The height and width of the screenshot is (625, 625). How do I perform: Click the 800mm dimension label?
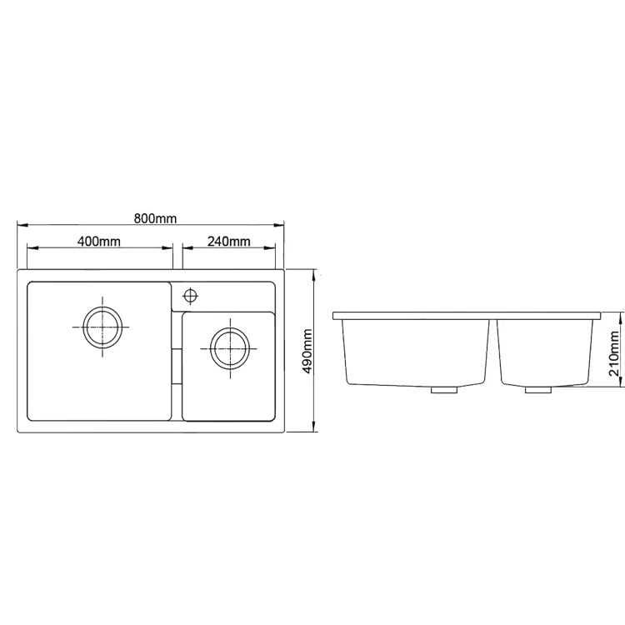tap(155, 218)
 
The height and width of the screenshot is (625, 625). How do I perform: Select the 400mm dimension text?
tap(99, 242)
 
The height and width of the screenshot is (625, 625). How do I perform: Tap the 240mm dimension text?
tap(228, 242)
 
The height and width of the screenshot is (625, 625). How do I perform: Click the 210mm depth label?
tap(615, 353)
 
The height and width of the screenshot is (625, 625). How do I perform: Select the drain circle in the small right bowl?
tap(228, 347)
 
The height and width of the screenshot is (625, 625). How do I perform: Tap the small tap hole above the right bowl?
tap(191, 295)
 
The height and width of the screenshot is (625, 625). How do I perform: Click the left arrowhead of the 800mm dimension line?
tap(22, 225)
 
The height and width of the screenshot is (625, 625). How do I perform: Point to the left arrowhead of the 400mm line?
tap(31, 247)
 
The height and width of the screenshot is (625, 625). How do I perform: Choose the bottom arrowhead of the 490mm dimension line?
tap(314, 429)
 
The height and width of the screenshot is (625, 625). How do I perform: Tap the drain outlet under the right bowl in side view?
tap(537, 388)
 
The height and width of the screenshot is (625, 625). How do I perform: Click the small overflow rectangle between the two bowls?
tap(176, 366)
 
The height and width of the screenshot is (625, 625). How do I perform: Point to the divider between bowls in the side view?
tap(493, 350)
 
